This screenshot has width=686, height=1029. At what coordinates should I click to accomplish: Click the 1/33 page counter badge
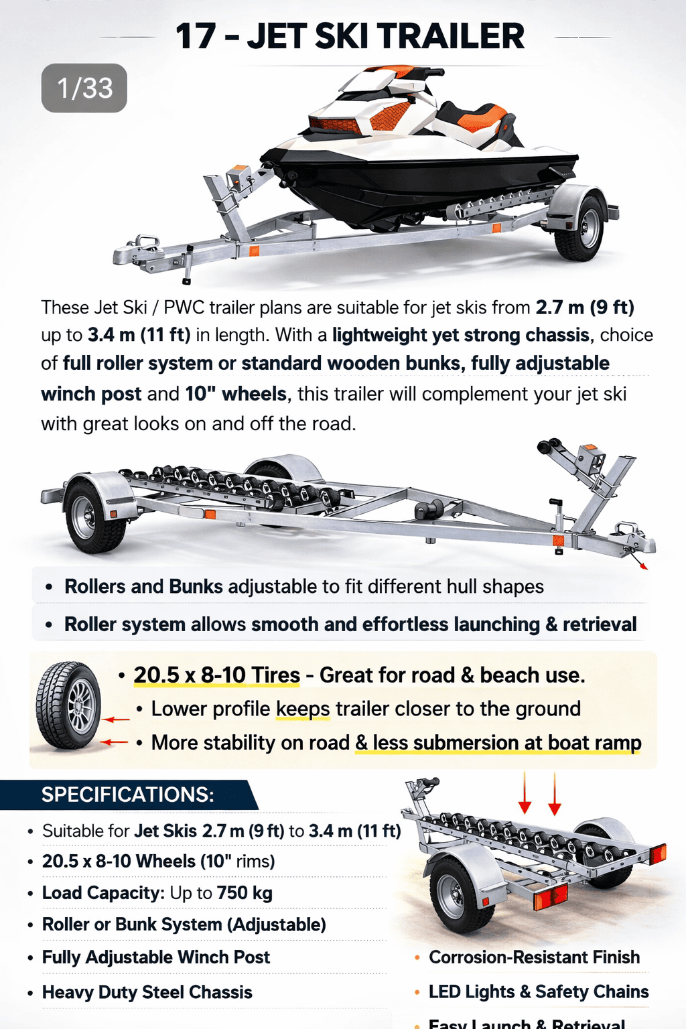click(84, 88)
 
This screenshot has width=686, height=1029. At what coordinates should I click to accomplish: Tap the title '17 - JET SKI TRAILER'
click(350, 36)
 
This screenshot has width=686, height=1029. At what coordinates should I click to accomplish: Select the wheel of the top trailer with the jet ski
click(579, 228)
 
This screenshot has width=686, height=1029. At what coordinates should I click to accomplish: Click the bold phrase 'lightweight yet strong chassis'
click(460, 336)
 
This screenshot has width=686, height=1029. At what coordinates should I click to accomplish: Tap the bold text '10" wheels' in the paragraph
click(236, 394)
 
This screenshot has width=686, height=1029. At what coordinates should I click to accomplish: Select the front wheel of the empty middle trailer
click(94, 516)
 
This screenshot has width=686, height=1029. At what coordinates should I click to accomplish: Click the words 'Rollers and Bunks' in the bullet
click(143, 587)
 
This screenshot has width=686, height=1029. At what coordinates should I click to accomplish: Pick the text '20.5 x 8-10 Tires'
click(217, 675)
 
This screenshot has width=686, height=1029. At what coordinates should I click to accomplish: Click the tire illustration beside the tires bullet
click(68, 705)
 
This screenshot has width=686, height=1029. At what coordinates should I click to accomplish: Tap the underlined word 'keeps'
click(303, 709)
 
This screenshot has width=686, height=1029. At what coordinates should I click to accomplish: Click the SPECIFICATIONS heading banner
click(128, 795)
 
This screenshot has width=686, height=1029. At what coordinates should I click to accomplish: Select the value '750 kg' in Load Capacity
click(245, 893)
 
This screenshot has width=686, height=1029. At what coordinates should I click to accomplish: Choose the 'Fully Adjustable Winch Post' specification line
click(156, 957)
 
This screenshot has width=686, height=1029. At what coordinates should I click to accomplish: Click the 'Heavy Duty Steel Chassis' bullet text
click(147, 992)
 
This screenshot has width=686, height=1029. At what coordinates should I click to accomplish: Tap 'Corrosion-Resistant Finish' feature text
click(535, 957)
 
